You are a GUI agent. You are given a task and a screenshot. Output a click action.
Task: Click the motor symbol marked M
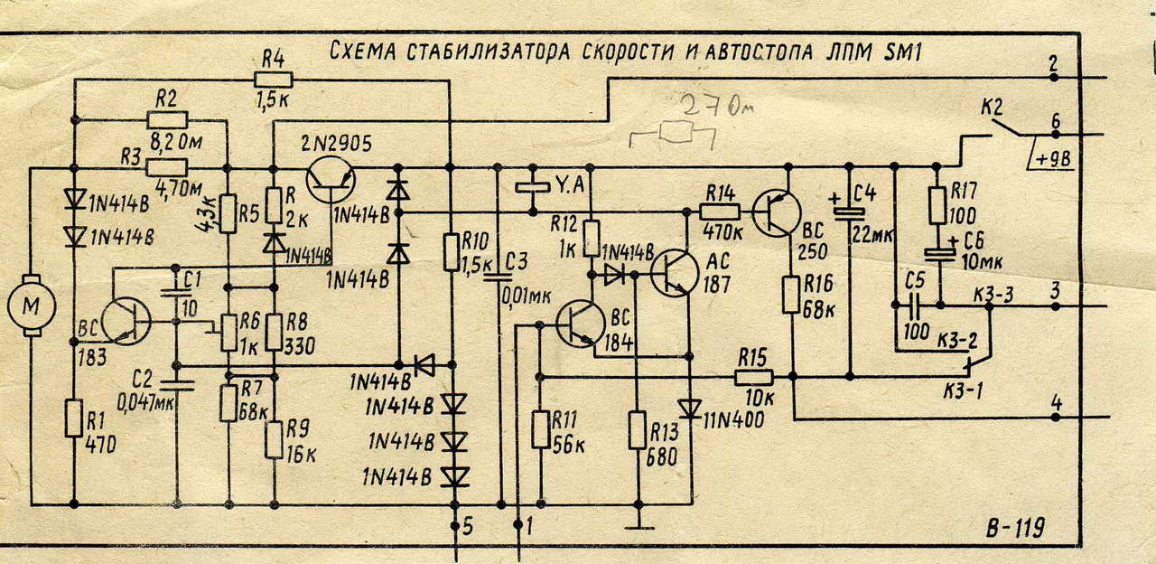coord(32,306)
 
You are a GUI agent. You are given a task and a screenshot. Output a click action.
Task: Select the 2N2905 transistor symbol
coord(331,178)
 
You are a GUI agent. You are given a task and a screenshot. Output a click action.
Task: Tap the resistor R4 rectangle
coord(274,80)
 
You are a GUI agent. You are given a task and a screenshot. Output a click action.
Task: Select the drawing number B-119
coord(1015,527)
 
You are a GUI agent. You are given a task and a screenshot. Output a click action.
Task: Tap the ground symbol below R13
coord(639,527)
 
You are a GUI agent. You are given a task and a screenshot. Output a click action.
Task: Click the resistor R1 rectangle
coord(74,418)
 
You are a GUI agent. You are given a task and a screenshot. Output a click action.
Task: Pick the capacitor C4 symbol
coord(850,211)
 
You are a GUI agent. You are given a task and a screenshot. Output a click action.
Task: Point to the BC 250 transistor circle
coord(776,212)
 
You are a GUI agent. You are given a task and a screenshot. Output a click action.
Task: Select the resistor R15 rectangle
coord(753,378)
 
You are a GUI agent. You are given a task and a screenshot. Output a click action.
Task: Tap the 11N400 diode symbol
coord(689,409)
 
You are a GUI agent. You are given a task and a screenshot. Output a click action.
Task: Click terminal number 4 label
coord(1057,403)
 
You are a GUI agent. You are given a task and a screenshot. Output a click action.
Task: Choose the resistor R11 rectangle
coord(540,429)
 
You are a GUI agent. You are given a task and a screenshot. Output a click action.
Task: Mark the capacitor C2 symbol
coord(177,385)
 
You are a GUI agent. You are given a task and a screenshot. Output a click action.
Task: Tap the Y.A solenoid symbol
coord(533,186)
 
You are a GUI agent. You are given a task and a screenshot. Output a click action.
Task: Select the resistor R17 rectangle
coord(937,206)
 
